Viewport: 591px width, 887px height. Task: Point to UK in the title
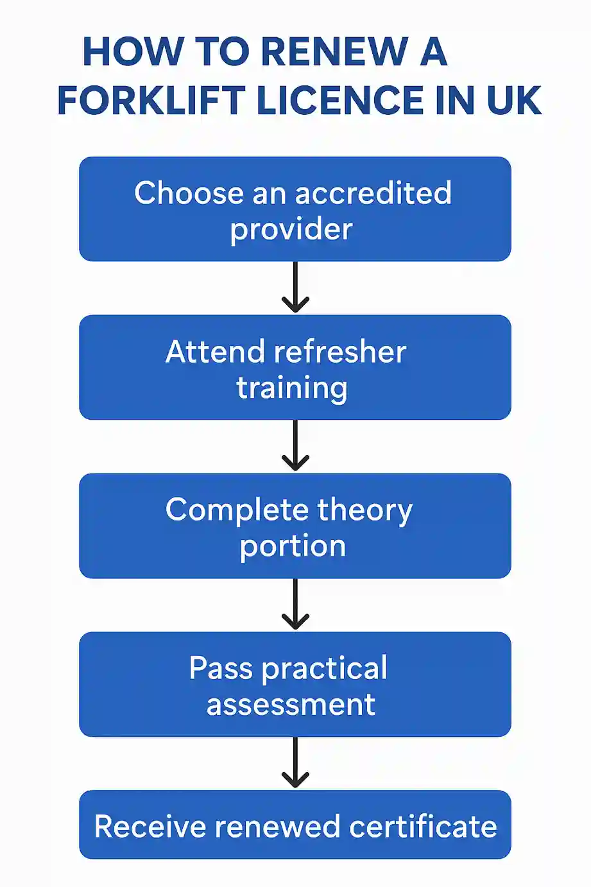pos(513,101)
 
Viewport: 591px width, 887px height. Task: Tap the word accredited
pos(373,193)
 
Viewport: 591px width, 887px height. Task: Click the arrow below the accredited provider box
pos(295,288)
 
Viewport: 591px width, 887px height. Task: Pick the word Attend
pos(214,352)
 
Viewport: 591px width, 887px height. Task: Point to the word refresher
pos(339,352)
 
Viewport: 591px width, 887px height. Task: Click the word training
pos(292,388)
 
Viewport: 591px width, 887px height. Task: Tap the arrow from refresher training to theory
pos(295,446)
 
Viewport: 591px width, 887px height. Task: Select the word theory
pos(364,511)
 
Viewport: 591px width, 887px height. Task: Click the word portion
pos(293,546)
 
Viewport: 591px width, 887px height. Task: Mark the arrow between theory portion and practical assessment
pos(295,605)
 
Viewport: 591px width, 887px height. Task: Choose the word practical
pos(325,669)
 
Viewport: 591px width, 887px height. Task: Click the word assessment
pos(291,705)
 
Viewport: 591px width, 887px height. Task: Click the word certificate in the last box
pos(423,826)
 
